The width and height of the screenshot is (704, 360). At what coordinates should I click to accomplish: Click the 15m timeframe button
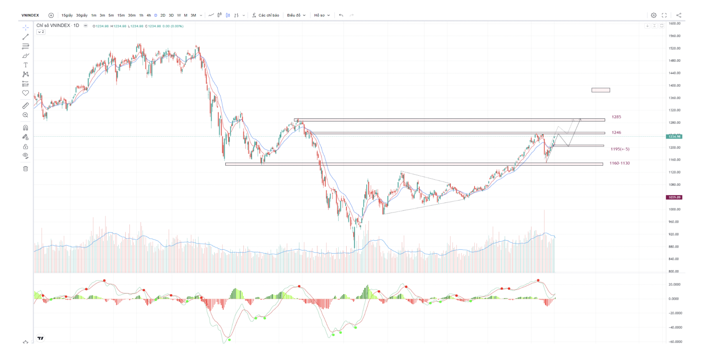pos(121,15)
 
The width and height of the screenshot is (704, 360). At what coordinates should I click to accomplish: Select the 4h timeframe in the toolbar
pos(149,15)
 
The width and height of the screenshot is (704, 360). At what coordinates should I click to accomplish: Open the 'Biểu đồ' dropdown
pos(296,15)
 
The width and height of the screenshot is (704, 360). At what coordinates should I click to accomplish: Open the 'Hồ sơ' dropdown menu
pos(322,15)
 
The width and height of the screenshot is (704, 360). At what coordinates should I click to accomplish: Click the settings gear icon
pos(654,15)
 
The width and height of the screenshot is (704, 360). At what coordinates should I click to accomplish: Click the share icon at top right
pos(679,15)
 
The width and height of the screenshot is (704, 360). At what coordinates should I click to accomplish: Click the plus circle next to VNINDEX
pos(51,15)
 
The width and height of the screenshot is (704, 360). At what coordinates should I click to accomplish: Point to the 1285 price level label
pos(616,117)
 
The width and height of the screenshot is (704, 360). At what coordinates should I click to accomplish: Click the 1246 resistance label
pos(616,132)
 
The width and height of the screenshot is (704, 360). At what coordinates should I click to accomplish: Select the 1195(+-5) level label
pos(620,149)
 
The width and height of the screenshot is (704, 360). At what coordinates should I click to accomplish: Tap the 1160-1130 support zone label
pos(619,163)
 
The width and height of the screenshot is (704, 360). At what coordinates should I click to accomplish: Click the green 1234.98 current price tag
pos(674,137)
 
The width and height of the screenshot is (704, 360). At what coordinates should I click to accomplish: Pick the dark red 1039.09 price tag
pos(674,198)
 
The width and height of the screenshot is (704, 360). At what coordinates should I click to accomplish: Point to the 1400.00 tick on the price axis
pos(674,86)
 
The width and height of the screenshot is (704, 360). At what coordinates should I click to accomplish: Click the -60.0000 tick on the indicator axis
pos(675,342)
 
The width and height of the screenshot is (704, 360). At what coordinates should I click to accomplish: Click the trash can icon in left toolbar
pos(25,169)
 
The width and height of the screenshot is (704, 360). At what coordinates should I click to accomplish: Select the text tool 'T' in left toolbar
pos(25,65)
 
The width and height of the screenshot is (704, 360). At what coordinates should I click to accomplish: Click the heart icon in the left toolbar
pos(25,93)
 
